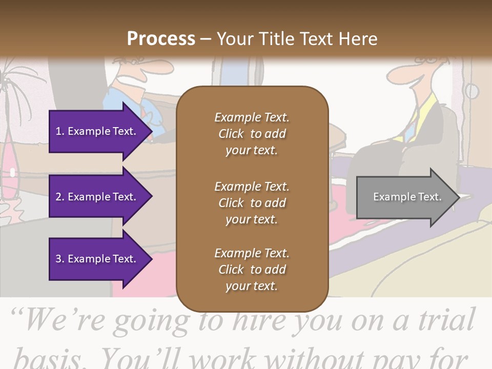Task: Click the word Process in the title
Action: (x=161, y=38)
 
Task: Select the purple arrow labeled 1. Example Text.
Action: (x=97, y=131)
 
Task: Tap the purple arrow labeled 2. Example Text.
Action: (x=97, y=197)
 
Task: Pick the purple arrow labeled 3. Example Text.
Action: (x=97, y=259)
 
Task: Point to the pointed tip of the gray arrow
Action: (x=457, y=197)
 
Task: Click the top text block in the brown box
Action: (x=252, y=134)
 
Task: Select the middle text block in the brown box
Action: (x=252, y=203)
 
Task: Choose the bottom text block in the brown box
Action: (x=252, y=270)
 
